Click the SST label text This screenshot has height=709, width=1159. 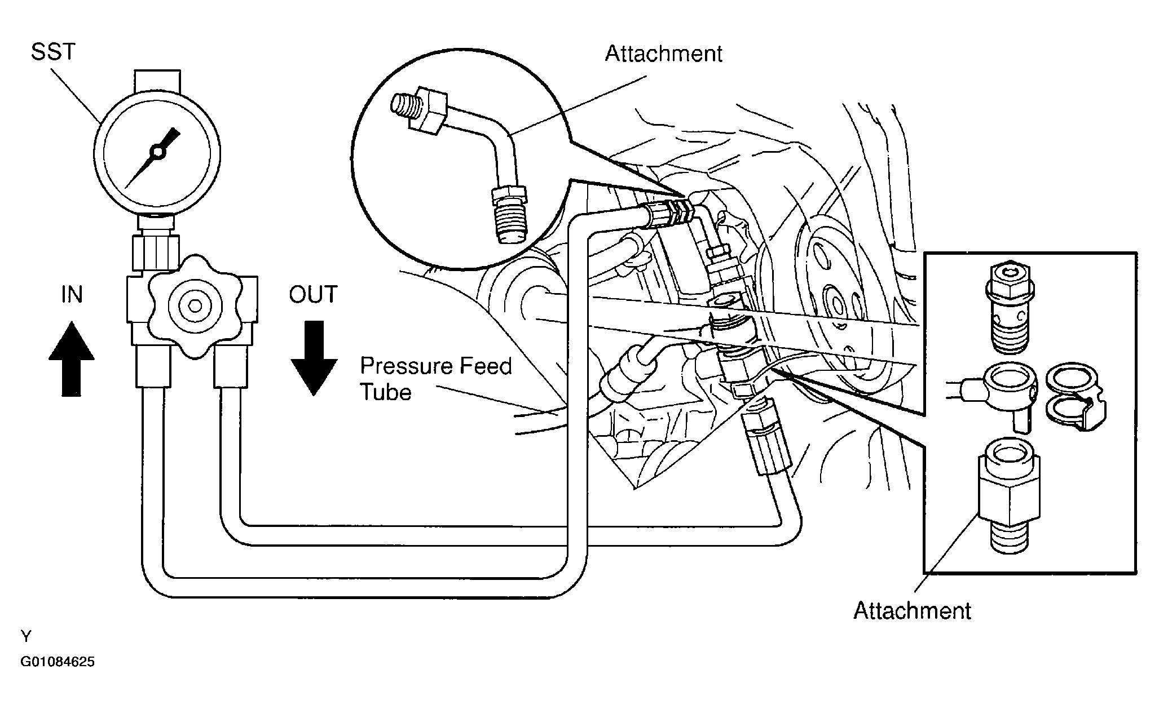coord(53,52)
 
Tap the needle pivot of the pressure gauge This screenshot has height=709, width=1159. coord(156,151)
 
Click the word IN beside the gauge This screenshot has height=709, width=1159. coord(72,294)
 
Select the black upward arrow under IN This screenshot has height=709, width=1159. coord(71,358)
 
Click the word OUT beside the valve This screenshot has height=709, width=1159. coord(313,294)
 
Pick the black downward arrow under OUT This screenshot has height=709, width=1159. coord(314,358)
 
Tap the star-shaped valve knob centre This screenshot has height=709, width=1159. coord(195,305)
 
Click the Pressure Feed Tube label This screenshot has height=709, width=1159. coord(436,379)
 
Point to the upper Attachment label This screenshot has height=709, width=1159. coord(663,54)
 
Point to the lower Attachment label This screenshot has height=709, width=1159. coord(912,610)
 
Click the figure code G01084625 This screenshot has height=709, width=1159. coord(58,662)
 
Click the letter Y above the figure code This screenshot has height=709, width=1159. coord(26,637)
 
